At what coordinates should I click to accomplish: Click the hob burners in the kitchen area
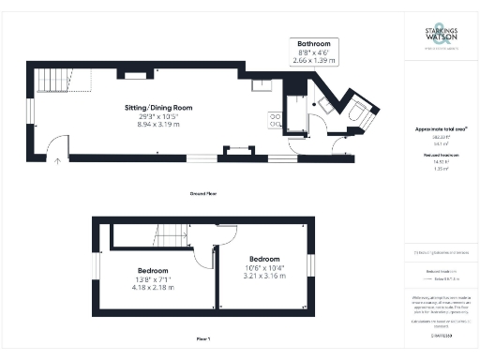pos(276,120)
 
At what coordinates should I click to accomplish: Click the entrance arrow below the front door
pos(58,161)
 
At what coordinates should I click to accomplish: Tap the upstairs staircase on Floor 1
pos(169,235)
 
